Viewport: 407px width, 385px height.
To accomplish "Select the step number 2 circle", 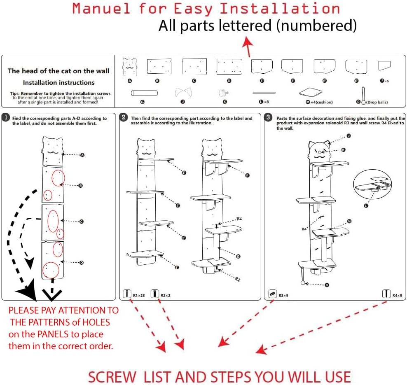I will (124, 118).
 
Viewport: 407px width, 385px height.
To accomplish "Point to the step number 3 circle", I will (269, 118).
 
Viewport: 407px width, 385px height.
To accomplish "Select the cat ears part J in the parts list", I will (182, 91).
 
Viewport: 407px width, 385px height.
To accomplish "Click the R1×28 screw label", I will (139, 295).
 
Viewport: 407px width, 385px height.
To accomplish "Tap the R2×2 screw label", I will (165, 295).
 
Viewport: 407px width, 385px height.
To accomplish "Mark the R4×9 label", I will (397, 295).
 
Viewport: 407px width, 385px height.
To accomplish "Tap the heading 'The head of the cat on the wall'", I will (58, 71).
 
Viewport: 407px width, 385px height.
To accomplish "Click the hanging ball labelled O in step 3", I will (303, 283).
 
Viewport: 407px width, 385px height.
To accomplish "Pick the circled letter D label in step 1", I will (81, 262).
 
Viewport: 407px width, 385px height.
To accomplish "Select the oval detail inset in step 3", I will (372, 184).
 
